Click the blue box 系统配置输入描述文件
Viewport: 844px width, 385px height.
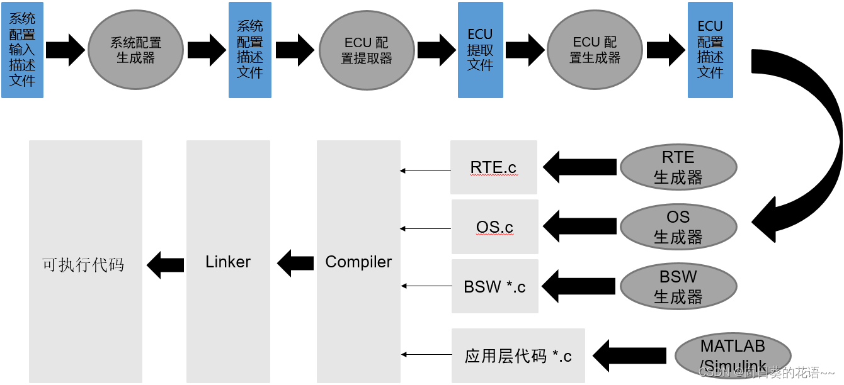tap(22, 50)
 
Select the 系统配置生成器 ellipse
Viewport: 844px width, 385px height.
tap(135, 50)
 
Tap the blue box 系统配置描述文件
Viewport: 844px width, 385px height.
tap(249, 50)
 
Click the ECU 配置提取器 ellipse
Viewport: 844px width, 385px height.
tap(367, 50)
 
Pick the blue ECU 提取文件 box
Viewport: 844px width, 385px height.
tap(480, 50)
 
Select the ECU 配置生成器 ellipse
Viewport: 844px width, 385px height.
tap(595, 50)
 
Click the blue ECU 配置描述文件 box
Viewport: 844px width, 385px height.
tap(710, 50)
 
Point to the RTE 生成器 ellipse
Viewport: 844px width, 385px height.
tap(678, 167)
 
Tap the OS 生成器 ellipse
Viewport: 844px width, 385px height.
tap(678, 226)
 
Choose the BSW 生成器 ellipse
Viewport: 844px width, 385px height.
tap(678, 286)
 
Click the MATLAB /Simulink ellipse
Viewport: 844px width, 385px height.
tap(732, 355)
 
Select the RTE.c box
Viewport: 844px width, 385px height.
tap(493, 167)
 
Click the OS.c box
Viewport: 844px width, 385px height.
tap(494, 226)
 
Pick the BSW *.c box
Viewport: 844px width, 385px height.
tap(494, 286)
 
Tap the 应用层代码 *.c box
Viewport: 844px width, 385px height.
tap(518, 356)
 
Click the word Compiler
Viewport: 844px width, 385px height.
tap(358, 262)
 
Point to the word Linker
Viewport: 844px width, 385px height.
tap(228, 262)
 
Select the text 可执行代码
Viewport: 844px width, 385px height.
tap(83, 264)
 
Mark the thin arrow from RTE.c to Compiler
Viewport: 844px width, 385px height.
tap(426, 170)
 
